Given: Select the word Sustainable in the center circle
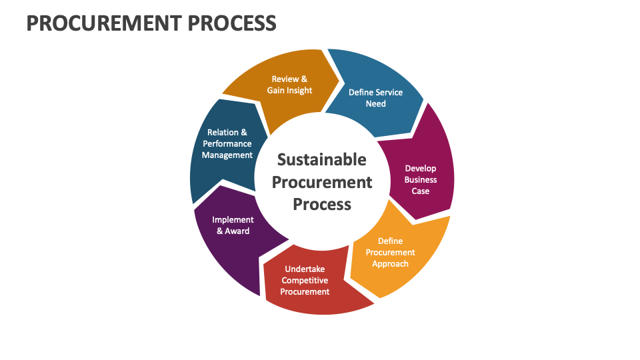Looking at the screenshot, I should pyautogui.click(x=321, y=159).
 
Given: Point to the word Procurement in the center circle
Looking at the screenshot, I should pyautogui.click(x=321, y=181).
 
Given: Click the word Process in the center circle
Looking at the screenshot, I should pyautogui.click(x=321, y=203).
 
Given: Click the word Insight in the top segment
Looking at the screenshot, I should pyautogui.click(x=298, y=90).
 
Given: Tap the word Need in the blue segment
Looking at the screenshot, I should pyautogui.click(x=375, y=103).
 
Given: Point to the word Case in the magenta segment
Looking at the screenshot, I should pyautogui.click(x=421, y=191).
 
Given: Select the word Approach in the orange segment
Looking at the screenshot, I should pyautogui.click(x=390, y=263).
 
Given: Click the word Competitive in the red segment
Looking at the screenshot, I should pyautogui.click(x=305, y=280).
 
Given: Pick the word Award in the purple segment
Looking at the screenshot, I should pyautogui.click(x=237, y=231).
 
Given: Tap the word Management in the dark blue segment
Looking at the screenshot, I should pyautogui.click(x=227, y=155).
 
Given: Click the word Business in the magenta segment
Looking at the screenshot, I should pyautogui.click(x=421, y=179).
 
